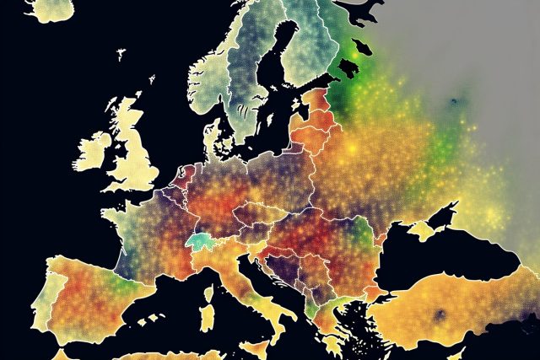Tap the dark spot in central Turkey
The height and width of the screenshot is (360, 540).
coord(439,315)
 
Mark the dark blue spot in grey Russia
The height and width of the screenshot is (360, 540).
coord(454,102)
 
